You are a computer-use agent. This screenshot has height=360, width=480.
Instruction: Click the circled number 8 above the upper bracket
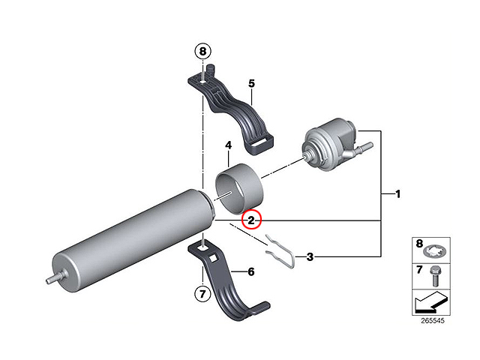click(202, 51)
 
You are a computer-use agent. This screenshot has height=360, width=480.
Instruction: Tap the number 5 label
click(251, 83)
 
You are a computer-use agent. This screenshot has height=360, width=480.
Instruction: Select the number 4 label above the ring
click(228, 145)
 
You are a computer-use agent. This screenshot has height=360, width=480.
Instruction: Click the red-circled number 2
click(251, 220)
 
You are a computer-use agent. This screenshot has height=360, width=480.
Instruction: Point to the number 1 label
click(398, 194)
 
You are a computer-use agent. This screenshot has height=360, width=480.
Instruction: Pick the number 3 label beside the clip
click(310, 256)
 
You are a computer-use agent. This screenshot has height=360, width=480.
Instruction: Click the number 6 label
click(251, 271)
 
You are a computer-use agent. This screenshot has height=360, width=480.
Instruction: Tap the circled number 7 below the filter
click(202, 294)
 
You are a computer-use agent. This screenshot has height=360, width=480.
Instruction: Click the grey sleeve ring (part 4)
click(239, 190)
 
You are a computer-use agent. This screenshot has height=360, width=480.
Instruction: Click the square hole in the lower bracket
click(213, 259)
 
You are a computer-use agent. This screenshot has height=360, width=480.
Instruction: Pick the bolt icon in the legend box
click(435, 276)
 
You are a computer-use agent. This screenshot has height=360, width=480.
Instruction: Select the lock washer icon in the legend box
click(435, 252)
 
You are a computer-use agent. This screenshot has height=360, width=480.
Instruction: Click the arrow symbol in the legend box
click(430, 302)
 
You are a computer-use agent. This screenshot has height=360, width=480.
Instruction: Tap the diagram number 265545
click(433, 320)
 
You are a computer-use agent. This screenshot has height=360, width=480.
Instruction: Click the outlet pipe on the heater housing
click(364, 147)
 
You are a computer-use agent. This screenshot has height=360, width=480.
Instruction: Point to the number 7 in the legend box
click(419, 269)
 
